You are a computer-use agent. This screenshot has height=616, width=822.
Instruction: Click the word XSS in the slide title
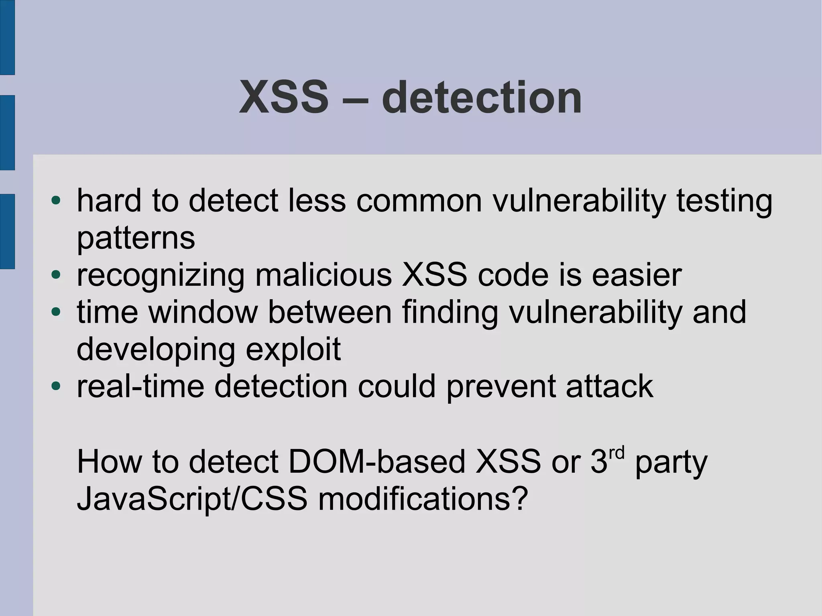[x=284, y=98]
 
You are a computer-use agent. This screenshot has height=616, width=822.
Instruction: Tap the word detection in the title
[x=482, y=98]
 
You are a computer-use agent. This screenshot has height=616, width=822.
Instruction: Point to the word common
[x=419, y=200]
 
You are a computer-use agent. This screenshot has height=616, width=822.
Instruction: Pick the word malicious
[x=324, y=275]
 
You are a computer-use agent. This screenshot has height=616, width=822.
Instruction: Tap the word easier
[x=637, y=275]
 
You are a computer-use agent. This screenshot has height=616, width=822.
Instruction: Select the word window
[x=203, y=312]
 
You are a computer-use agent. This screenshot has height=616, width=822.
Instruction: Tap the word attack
[x=609, y=386]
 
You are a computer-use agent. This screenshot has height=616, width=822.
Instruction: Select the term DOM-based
[x=376, y=461]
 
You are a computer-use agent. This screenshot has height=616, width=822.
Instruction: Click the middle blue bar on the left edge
[x=7, y=132]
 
